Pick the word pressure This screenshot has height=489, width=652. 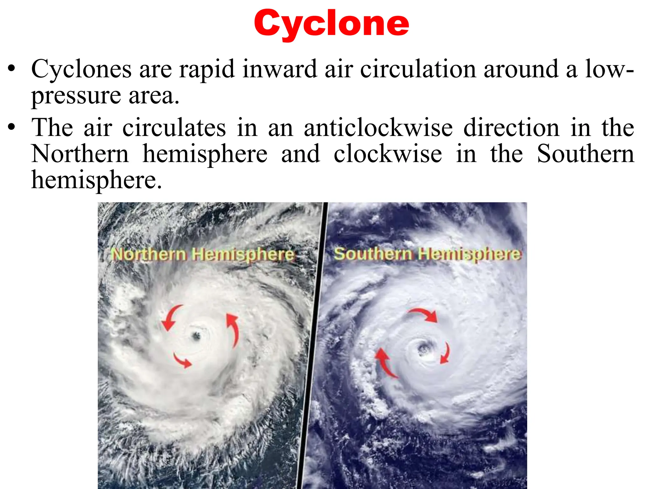(x=76, y=96)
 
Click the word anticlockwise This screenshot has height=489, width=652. (x=378, y=128)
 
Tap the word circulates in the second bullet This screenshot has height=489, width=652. (x=174, y=128)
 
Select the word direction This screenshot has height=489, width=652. (x=511, y=128)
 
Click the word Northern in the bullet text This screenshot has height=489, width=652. (x=80, y=154)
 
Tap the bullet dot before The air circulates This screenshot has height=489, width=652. (x=12, y=127)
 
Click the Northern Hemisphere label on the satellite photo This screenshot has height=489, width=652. (x=202, y=255)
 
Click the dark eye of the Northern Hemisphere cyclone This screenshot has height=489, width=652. (x=195, y=336)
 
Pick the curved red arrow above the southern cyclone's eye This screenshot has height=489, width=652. (x=424, y=314)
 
